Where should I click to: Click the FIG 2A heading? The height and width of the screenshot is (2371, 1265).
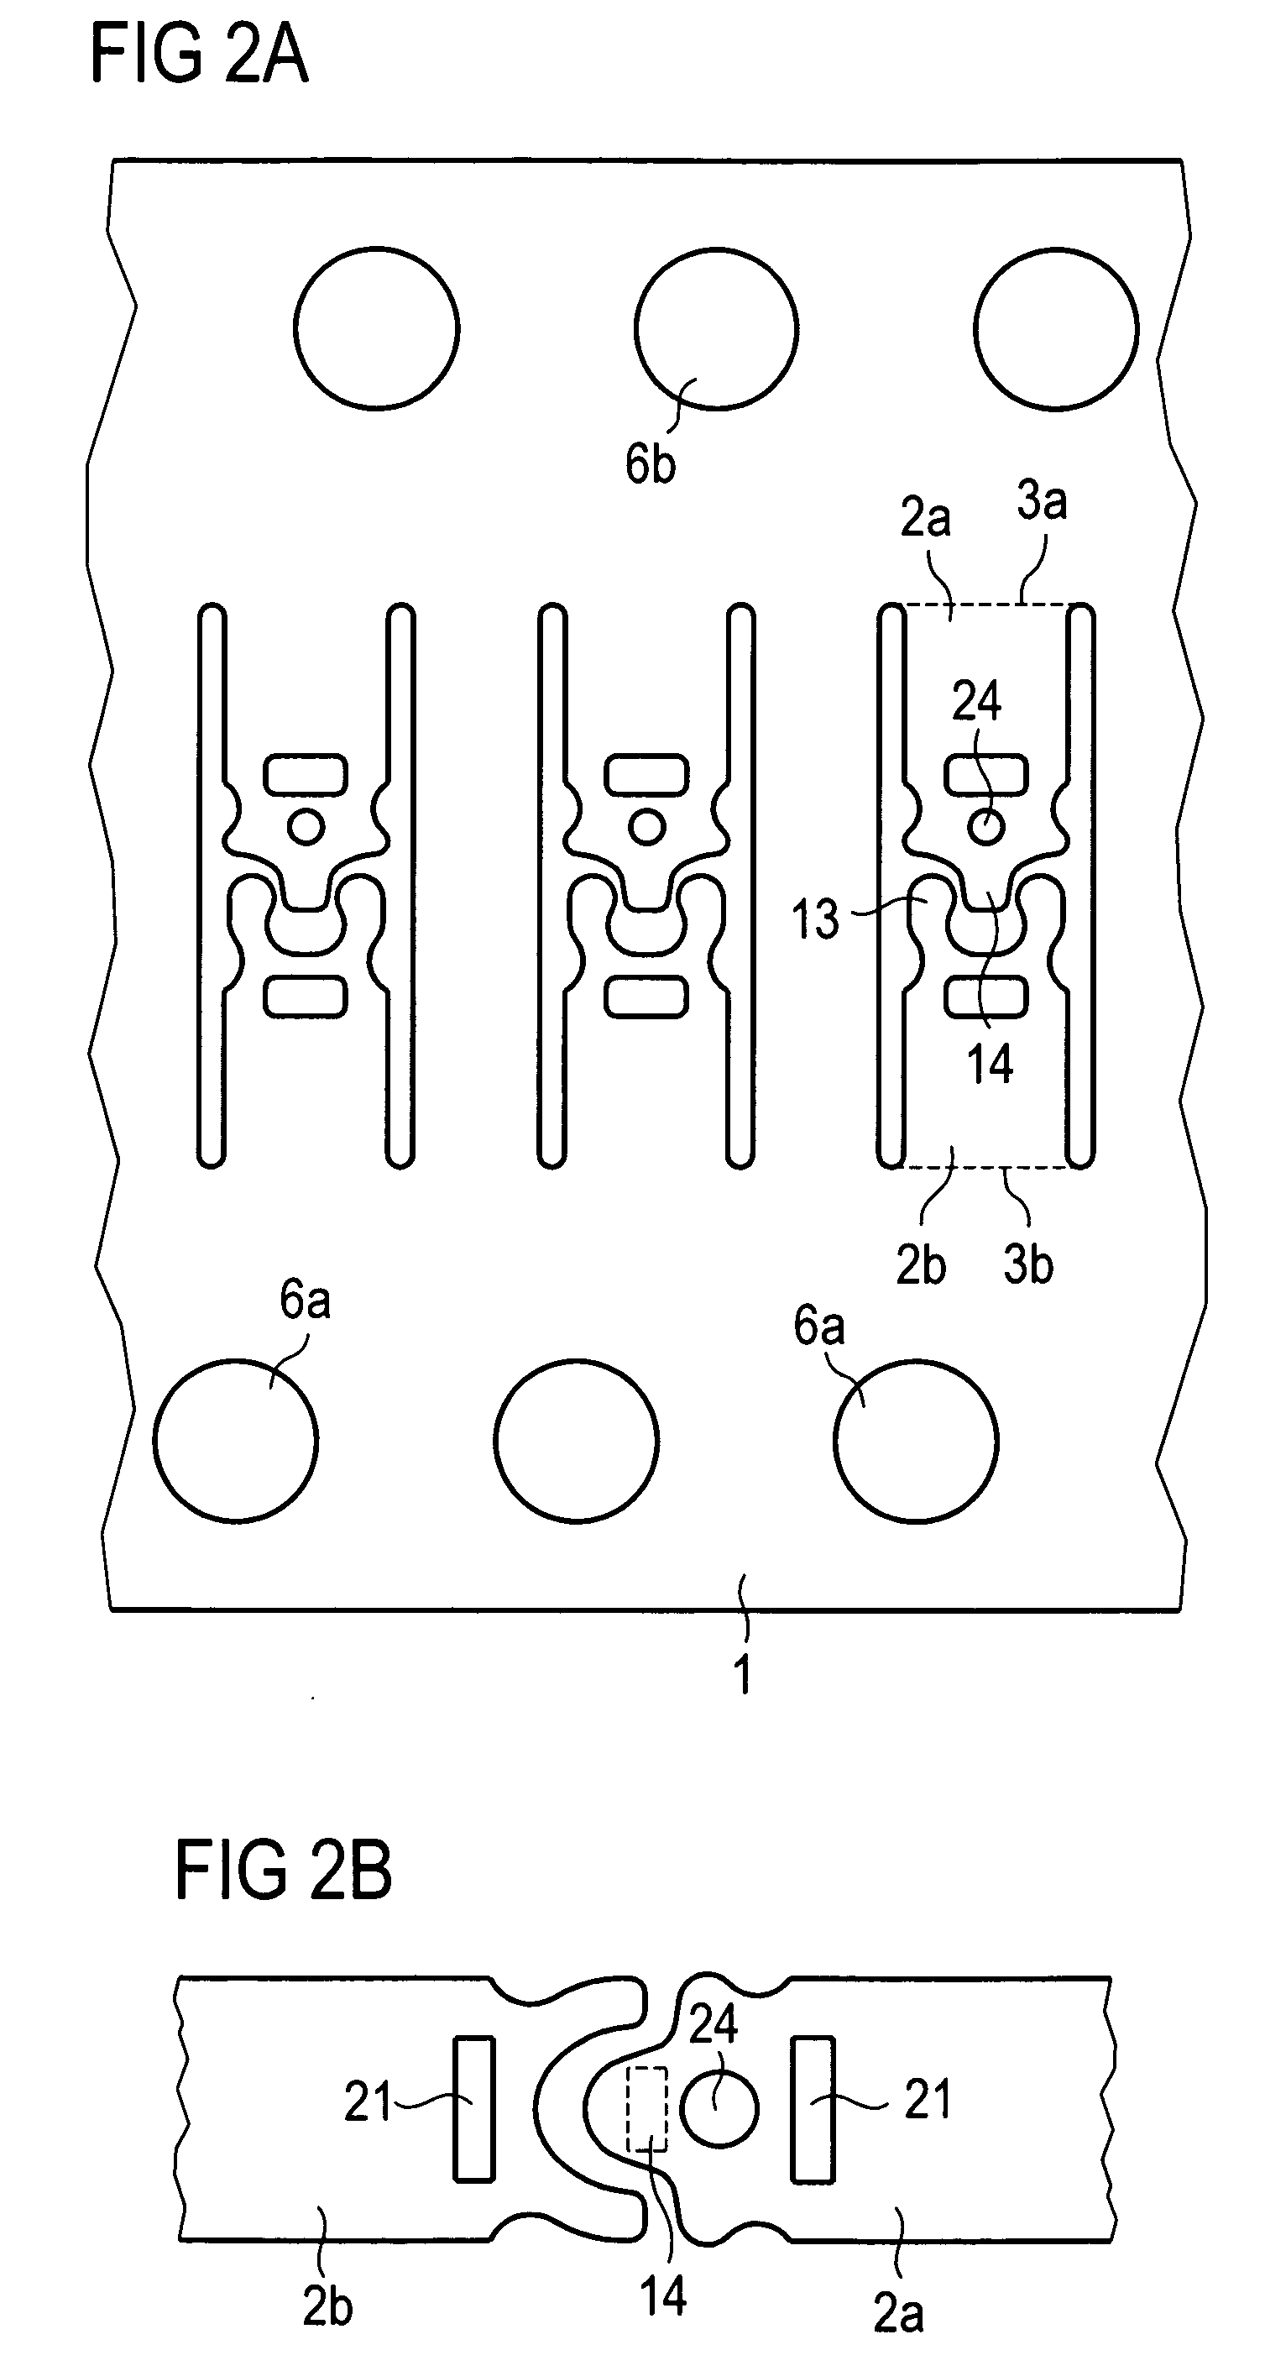click(200, 55)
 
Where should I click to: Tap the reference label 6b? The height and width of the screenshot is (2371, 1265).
click(650, 464)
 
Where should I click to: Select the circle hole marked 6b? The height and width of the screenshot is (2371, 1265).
click(716, 327)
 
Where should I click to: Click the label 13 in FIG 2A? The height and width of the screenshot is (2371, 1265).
click(815, 919)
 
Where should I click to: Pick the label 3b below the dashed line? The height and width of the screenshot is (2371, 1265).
click(1027, 1264)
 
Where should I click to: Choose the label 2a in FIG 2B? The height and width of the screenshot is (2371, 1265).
click(898, 2312)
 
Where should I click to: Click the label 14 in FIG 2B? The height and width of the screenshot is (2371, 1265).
click(663, 2295)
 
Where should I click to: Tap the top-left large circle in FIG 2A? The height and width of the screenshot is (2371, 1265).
click(376, 327)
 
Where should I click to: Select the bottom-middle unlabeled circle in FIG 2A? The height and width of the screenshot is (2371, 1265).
click(576, 1441)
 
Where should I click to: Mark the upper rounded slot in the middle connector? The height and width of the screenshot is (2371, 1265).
click(646, 774)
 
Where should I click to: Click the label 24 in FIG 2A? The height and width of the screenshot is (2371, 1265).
click(976, 702)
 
